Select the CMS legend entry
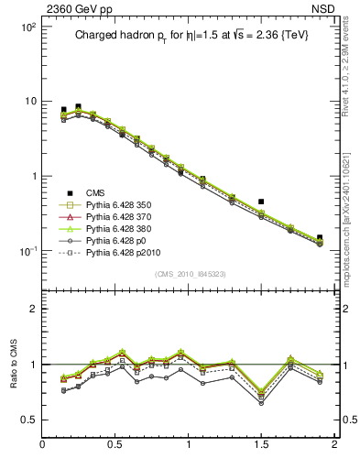point(95,192)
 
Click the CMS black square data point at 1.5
point(261,202)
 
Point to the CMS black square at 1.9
point(320,237)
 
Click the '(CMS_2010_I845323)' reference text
point(188,274)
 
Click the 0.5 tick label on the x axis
point(115,445)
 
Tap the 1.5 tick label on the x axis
point(261,445)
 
